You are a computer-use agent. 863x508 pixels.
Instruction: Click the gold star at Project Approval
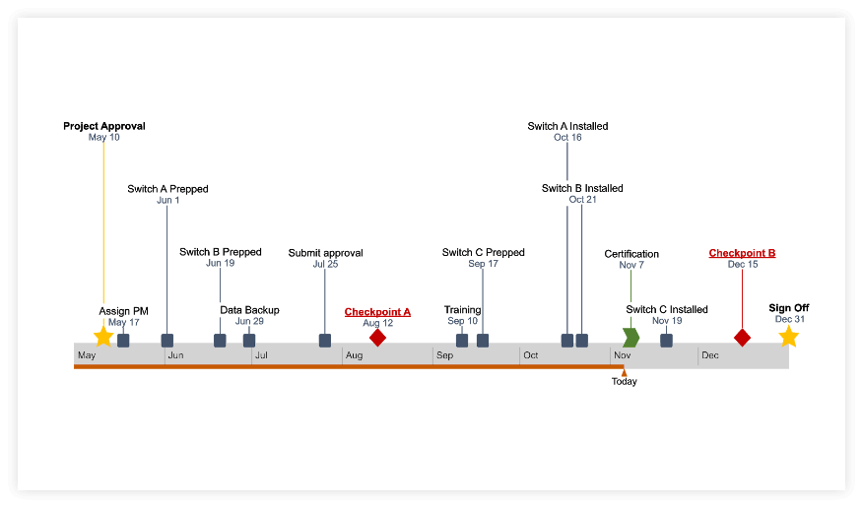click(103, 337)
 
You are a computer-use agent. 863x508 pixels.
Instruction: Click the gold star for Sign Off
click(788, 337)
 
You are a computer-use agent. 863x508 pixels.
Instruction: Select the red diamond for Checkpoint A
click(377, 338)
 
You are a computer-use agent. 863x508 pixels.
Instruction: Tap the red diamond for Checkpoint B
click(742, 338)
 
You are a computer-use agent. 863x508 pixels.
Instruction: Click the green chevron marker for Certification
click(631, 338)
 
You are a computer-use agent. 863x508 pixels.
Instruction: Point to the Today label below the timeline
click(624, 381)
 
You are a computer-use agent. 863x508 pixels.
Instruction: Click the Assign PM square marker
click(123, 341)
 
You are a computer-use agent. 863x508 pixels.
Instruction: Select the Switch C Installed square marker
click(666, 341)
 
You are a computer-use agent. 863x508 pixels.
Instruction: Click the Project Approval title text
click(104, 126)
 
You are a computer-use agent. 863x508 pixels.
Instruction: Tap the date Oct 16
click(567, 138)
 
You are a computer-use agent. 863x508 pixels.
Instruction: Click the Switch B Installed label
click(582, 188)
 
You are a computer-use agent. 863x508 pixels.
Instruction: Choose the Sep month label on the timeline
click(444, 355)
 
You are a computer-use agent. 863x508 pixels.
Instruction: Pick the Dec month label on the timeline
click(710, 355)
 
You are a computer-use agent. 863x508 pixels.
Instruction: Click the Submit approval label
click(325, 253)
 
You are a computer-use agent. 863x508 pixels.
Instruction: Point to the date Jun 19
click(220, 264)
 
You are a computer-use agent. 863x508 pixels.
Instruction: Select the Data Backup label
click(249, 310)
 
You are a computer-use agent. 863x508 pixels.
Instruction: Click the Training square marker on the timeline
click(462, 341)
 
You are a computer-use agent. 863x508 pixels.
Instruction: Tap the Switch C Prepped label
click(483, 253)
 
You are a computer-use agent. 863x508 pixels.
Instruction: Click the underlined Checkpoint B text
click(742, 253)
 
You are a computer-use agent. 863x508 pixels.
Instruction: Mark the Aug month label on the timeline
click(355, 355)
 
